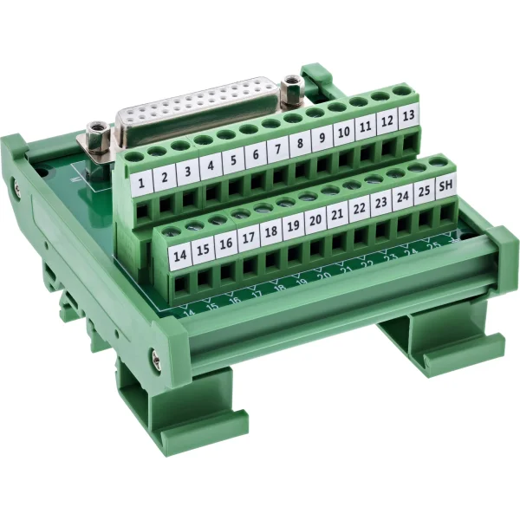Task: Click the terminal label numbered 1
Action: [141, 182]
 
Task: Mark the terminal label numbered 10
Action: [342, 133]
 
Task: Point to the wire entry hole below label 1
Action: [143, 211]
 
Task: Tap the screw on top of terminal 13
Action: [401, 89]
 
